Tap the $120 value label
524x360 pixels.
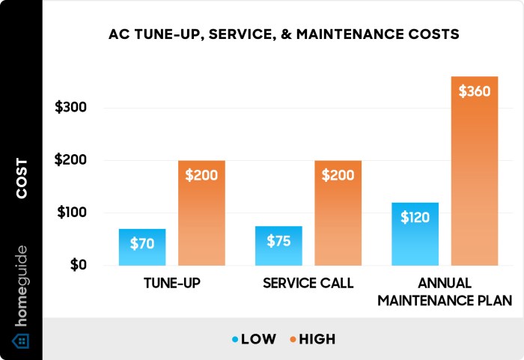(415, 218)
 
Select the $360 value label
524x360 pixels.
(474, 93)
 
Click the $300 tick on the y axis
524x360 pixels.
(71, 108)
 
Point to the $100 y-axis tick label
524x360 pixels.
(71, 213)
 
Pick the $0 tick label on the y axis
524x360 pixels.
(77, 265)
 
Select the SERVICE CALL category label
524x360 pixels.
(308, 284)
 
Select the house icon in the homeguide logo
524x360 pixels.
(22, 341)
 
